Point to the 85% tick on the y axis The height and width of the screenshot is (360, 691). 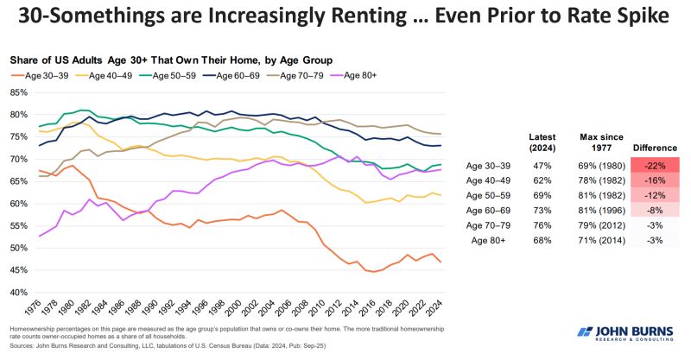[18, 92]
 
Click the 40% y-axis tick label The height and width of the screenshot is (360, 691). [18, 293]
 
